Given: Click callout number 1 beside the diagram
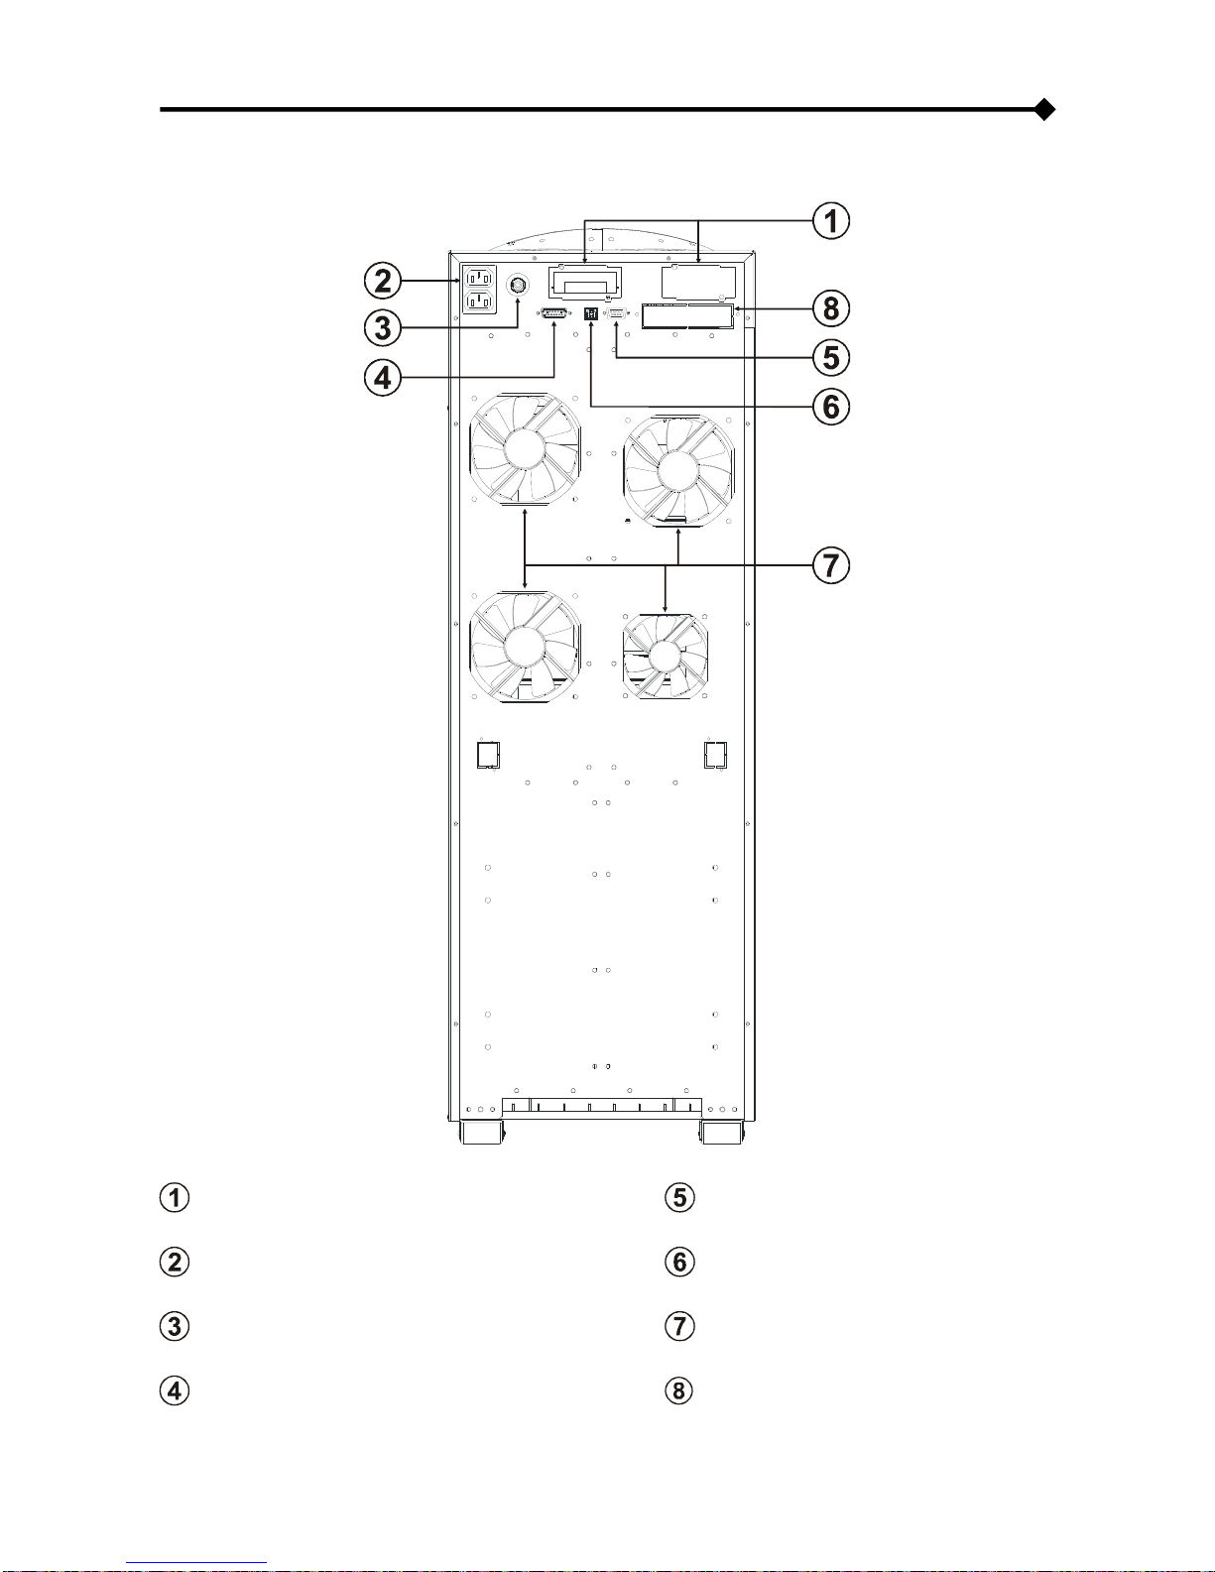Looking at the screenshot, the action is click(x=831, y=220).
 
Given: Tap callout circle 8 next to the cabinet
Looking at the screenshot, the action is click(x=831, y=308).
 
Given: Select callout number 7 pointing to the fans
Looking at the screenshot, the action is click(x=831, y=565).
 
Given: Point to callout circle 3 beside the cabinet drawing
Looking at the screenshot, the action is click(x=383, y=327).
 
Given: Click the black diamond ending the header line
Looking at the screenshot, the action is click(x=1044, y=110).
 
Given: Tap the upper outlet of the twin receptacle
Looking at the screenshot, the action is click(x=480, y=278).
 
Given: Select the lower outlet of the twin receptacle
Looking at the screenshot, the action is click(x=480, y=301).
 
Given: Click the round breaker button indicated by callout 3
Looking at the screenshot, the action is click(x=518, y=285).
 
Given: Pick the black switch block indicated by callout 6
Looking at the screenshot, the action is click(x=591, y=314).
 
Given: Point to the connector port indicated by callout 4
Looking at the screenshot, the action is click(x=554, y=312).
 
